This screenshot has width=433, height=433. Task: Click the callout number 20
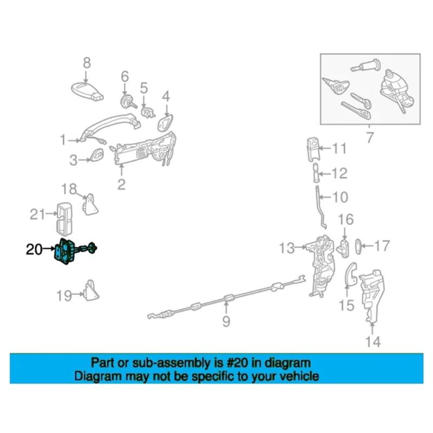[34, 250]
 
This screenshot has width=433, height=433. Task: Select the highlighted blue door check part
[68, 252]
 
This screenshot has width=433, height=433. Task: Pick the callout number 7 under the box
[370, 139]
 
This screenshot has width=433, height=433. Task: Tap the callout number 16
[346, 220]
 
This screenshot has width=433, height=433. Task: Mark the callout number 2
[121, 185]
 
